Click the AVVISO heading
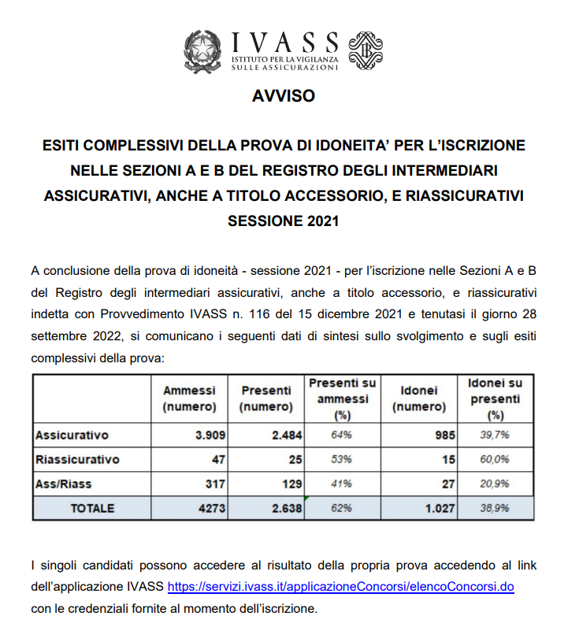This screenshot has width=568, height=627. pos(284,96)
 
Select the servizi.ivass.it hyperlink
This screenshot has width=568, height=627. pos(341,588)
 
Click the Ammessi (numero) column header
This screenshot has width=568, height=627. pos(189,399)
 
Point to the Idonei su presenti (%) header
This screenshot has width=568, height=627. pos(496,399)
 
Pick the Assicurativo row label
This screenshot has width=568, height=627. pos(72,434)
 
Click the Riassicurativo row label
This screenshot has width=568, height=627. pos(77,458)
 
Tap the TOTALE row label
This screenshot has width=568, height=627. pos(92,508)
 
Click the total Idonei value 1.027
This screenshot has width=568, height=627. pos(437,508)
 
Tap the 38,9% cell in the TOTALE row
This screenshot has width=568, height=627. pos(495,508)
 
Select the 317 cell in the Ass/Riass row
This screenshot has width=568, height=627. pos(213,483)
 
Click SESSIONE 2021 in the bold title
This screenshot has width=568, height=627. pos(284,221)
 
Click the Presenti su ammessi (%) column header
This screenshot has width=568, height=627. pos(342,399)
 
